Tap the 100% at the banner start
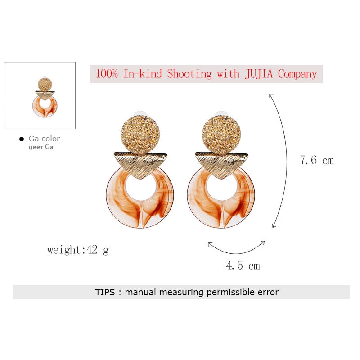click(x=107, y=74)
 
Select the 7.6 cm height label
click(x=317, y=160)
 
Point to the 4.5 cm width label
click(x=243, y=265)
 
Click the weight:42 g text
click(x=78, y=250)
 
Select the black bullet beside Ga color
click(x=21, y=139)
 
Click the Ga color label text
click(x=44, y=139)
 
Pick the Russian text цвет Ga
click(x=40, y=147)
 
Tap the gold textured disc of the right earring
click(x=221, y=135)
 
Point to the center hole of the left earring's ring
click(x=140, y=188)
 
